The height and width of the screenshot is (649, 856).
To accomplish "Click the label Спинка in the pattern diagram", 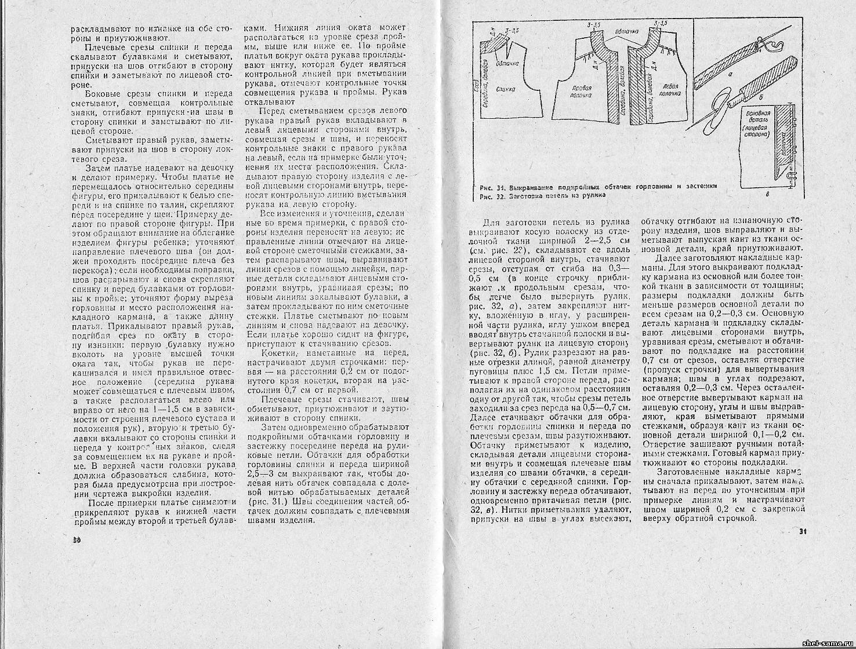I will tap(509, 83).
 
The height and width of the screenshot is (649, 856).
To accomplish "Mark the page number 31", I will tap(803, 531).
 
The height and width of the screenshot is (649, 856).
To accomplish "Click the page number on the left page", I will tap(76, 539).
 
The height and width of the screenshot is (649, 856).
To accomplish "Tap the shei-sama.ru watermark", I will tap(826, 643).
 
